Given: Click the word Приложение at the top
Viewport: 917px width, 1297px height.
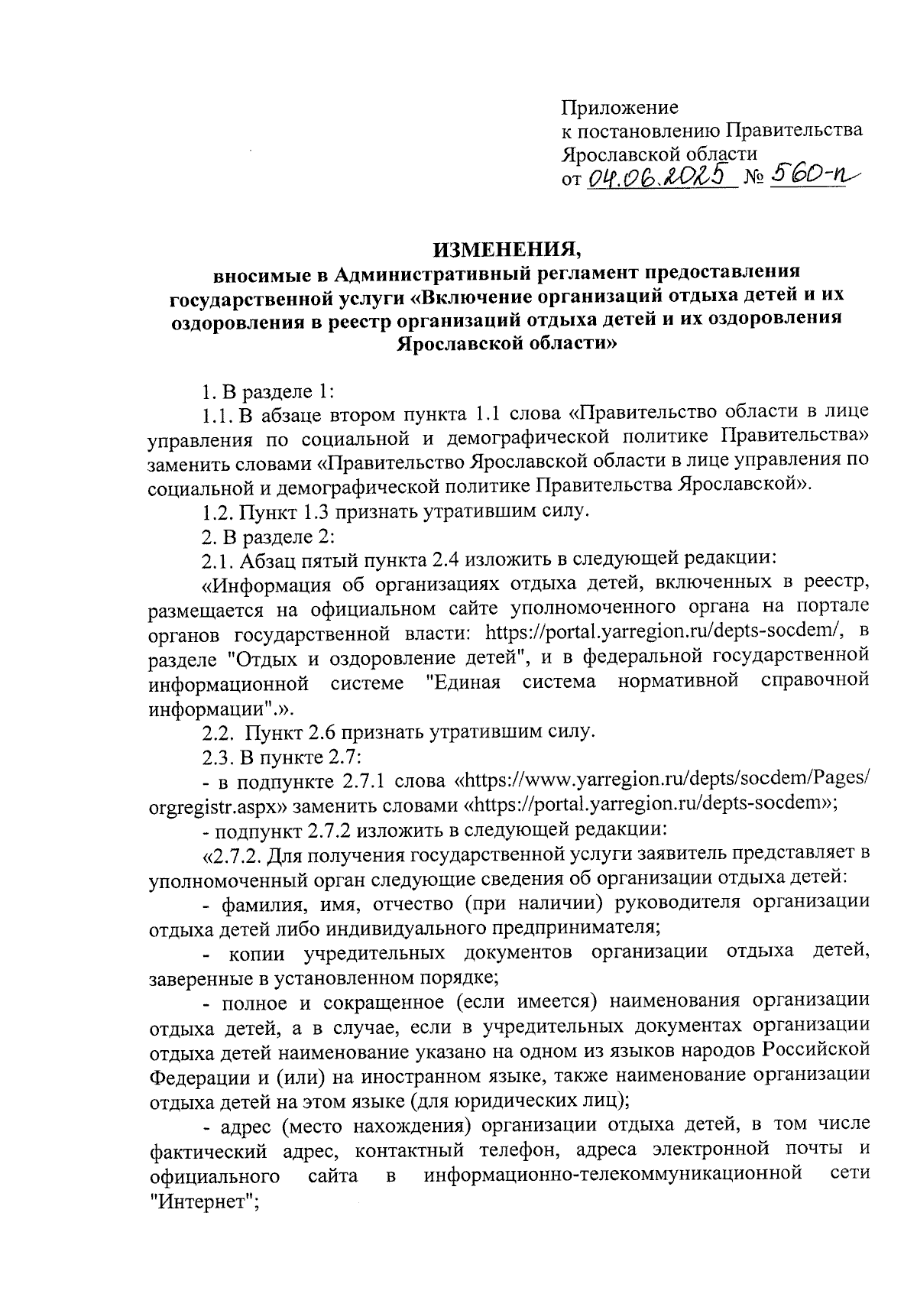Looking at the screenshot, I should point(620,107).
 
